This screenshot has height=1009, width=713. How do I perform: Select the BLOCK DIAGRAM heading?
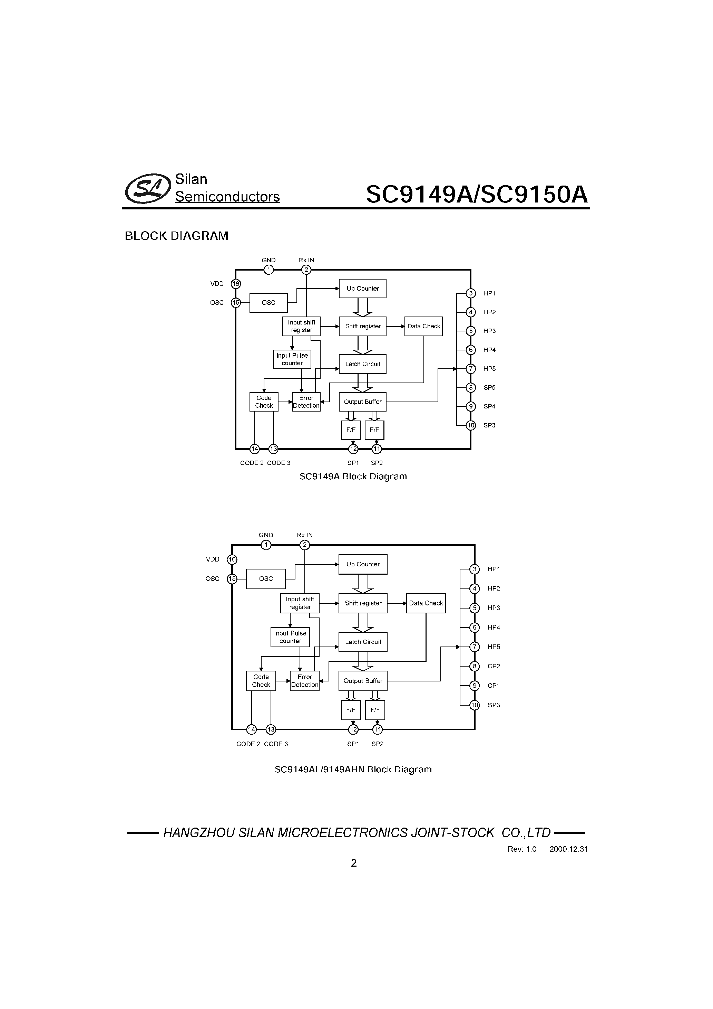176,236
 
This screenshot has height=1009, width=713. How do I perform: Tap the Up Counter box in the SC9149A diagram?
363,289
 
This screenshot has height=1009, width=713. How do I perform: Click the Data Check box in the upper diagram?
424,327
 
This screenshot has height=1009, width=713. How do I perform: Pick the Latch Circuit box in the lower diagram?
363,642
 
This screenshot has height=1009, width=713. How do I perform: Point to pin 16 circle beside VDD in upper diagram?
236,284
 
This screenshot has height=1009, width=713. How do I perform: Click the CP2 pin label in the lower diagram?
494,666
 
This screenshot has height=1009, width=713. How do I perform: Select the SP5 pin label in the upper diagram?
489,388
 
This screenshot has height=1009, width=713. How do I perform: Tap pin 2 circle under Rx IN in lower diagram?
305,545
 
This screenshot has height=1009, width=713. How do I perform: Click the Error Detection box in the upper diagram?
306,402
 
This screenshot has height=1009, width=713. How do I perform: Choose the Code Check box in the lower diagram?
261,681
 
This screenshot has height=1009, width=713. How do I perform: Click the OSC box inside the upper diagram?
269,303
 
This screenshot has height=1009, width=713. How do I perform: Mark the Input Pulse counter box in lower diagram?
290,637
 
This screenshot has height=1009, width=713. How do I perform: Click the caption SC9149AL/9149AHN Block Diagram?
353,770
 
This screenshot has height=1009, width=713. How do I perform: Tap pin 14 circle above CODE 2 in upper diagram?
255,449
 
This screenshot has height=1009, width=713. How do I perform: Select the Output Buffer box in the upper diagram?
363,402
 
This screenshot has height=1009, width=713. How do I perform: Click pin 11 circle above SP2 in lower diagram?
378,730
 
